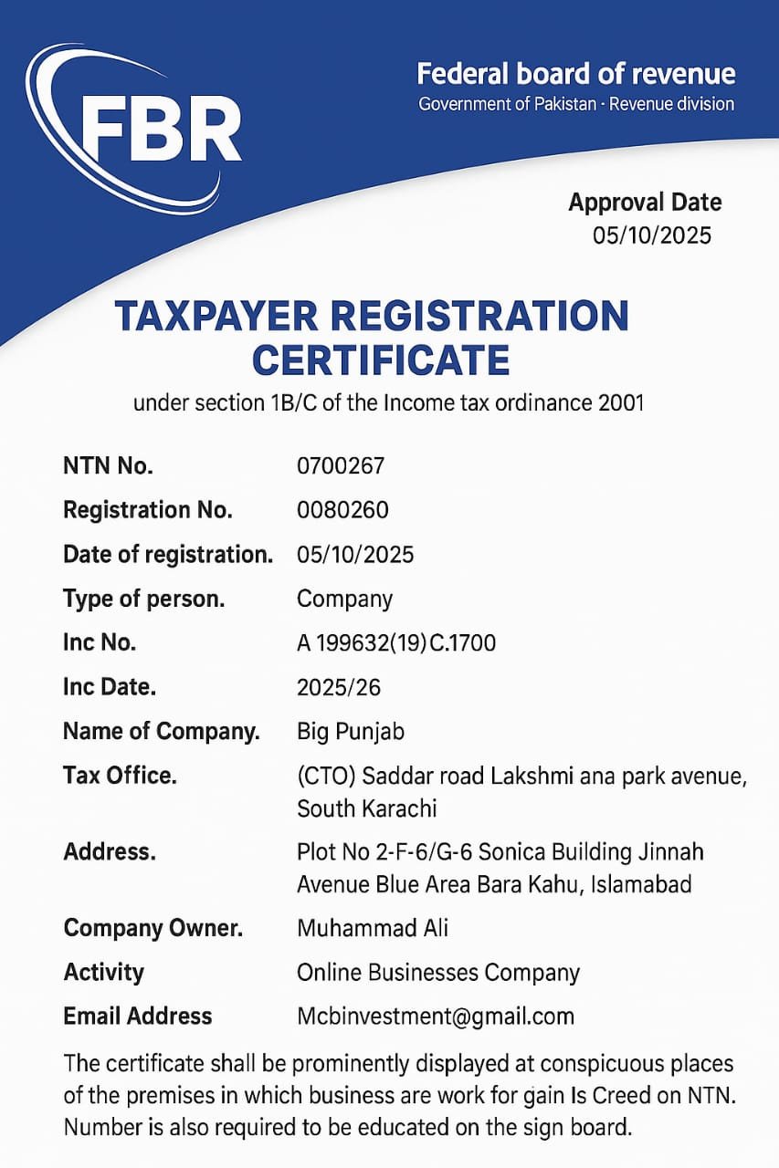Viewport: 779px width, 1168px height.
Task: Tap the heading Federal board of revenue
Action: coord(575,74)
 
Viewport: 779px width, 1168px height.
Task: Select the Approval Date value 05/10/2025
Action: coord(651,235)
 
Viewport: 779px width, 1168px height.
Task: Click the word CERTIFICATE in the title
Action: coord(381,360)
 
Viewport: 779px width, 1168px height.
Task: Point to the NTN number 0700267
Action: coord(341,465)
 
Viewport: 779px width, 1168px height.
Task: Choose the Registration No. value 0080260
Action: coord(342,510)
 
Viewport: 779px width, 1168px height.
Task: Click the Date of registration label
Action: coord(167,554)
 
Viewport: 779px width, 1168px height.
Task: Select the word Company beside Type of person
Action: coord(344,599)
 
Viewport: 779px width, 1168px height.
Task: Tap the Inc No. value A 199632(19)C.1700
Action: coord(396,643)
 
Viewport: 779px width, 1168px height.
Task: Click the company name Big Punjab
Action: coord(351,732)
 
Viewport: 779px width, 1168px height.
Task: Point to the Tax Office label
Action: coord(119,776)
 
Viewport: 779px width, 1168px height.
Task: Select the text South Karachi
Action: coord(366,808)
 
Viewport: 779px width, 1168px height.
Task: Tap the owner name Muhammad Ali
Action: coord(373,929)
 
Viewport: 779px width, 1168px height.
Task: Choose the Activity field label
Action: coord(103,973)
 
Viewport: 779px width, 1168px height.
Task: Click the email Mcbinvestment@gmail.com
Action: coord(436,1017)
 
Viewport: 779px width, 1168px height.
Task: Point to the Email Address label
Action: coord(137,1017)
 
